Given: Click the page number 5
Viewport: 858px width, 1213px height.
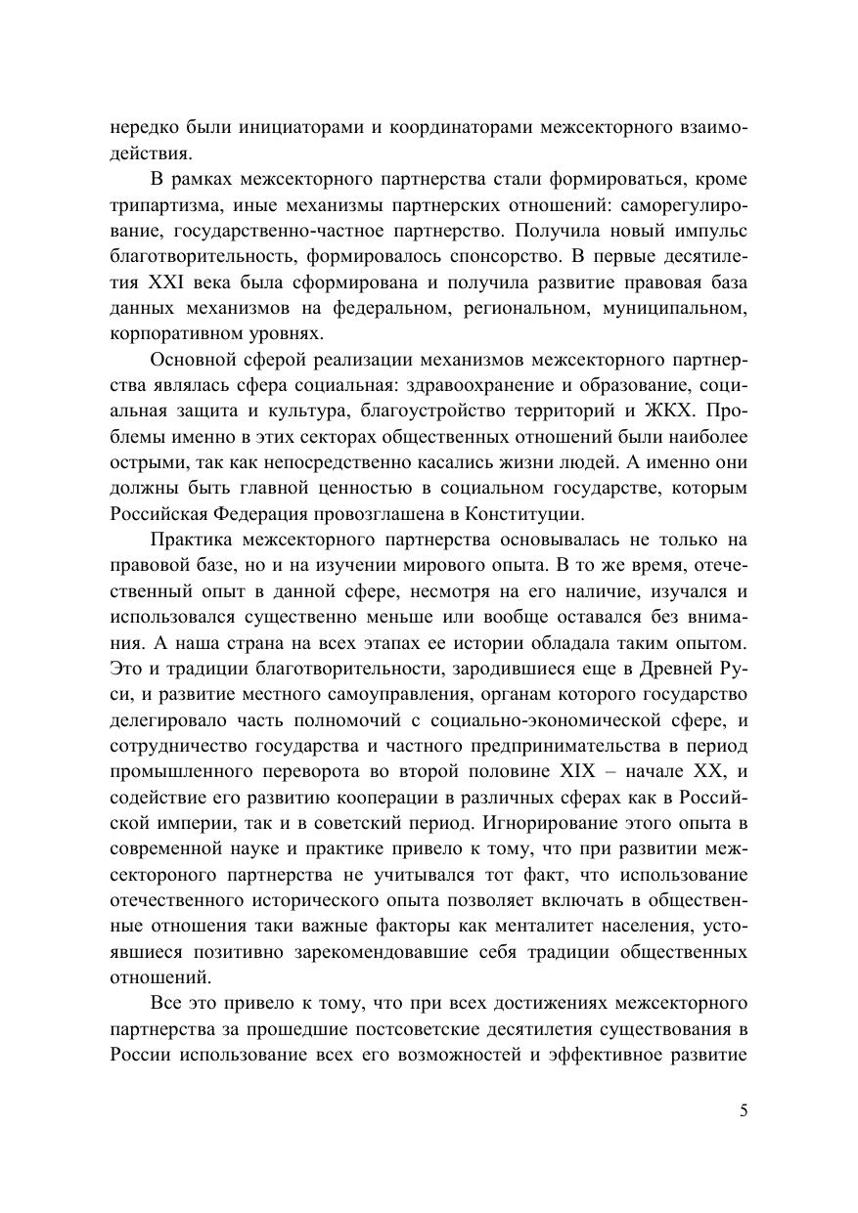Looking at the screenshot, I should point(744,1109).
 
